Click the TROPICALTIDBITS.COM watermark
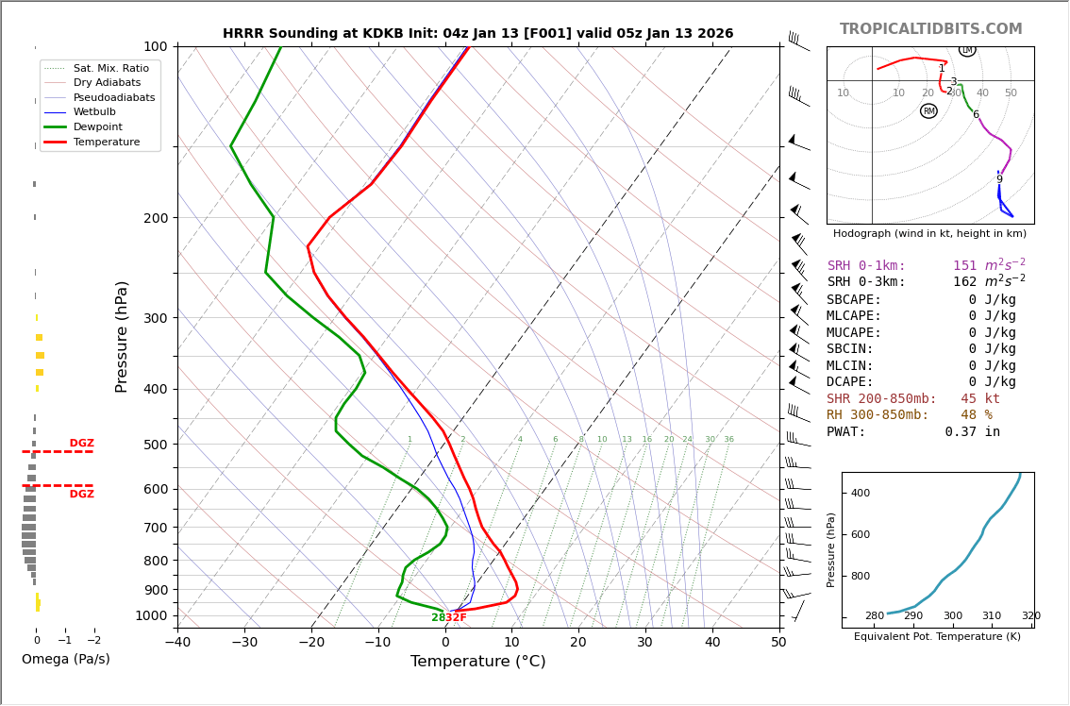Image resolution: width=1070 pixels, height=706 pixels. pos(930,29)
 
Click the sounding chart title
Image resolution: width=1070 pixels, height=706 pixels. pos(477,33)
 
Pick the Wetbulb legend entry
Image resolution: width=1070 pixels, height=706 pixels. pos(100,111)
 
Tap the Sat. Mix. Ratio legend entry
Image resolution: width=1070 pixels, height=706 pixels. pos(110,68)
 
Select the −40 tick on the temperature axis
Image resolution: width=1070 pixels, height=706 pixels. pos(177,643)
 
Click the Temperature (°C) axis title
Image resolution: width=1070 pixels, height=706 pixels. pos(477,662)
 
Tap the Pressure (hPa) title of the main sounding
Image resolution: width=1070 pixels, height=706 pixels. pos(122,336)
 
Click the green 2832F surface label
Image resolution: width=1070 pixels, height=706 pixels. pos(449,617)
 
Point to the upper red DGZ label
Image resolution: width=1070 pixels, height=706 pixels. pos(81,444)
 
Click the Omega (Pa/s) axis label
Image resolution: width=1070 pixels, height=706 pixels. pos(65,659)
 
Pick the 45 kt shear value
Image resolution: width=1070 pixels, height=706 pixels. pos(979,399)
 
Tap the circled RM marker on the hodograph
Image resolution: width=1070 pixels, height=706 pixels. pos(928,111)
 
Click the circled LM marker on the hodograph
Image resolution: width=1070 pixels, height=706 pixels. pos(967,49)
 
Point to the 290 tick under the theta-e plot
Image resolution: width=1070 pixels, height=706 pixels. pos(913,616)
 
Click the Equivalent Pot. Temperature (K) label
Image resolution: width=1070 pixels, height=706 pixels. pos(937,637)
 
